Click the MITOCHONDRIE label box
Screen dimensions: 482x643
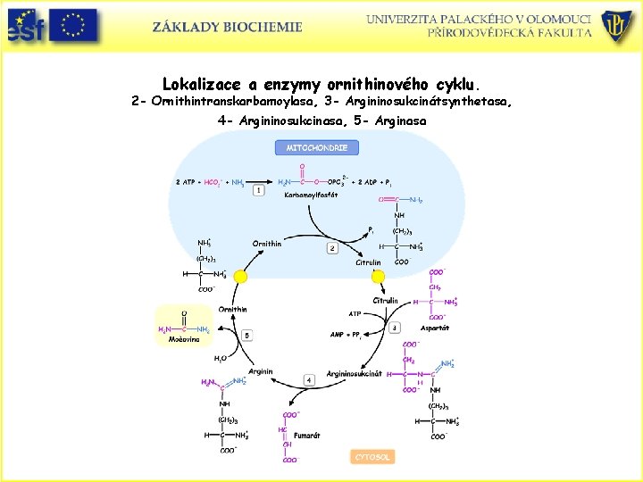pos(317,147)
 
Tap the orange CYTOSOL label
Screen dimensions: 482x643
pos(372,456)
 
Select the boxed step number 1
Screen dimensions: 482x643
pos(259,190)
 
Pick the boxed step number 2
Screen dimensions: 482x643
pos(332,248)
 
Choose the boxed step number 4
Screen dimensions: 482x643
pos(309,379)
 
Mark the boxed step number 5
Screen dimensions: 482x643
pos(246,335)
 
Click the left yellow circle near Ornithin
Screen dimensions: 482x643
pos(240,277)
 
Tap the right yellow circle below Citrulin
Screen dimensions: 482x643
pos(378,277)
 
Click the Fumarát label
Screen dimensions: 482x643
pos(307,436)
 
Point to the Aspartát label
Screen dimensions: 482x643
pos(435,328)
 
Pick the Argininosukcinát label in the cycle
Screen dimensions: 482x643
pos(354,373)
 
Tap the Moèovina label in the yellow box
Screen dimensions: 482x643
pos(185,340)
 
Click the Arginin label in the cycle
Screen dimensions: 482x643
pos(261,371)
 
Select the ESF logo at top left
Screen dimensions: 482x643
pos(24,26)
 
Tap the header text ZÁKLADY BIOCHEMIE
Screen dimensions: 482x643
pos(227,27)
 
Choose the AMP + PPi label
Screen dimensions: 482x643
pos(345,336)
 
